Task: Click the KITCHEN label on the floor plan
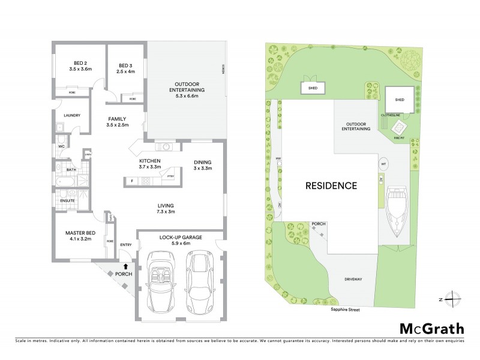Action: tap(149, 161)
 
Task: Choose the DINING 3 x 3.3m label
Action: tap(202, 165)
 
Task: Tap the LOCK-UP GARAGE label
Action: tap(181, 238)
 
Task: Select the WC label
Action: tap(61, 146)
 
